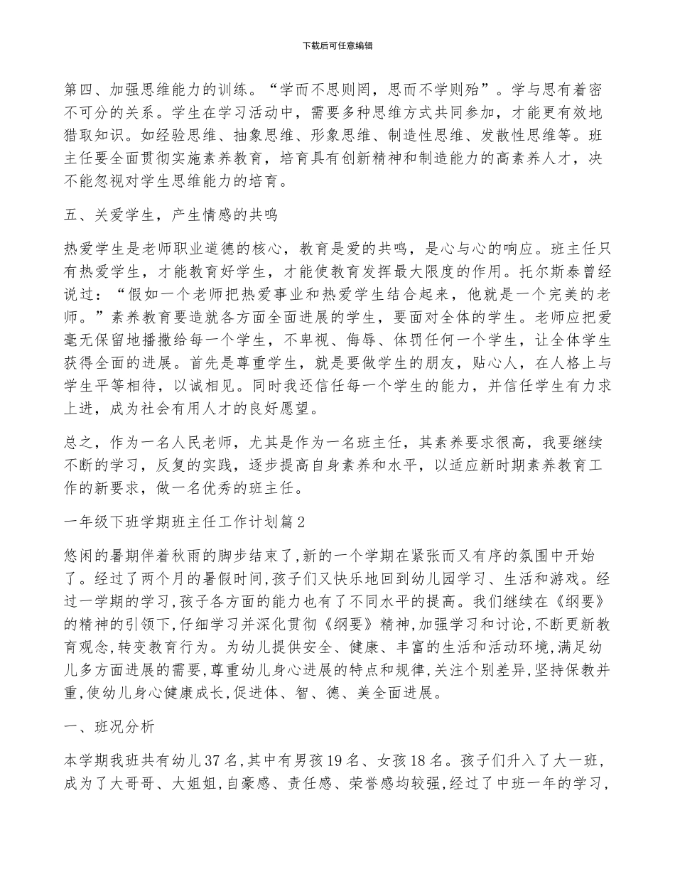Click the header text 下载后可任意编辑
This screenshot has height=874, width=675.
click(337, 45)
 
